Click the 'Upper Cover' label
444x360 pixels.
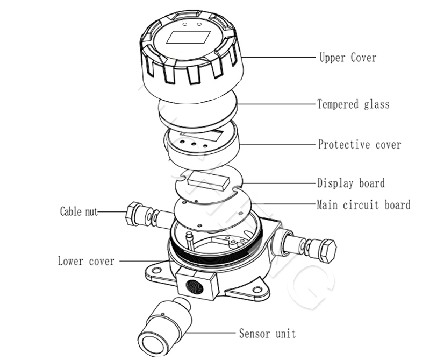[x=348, y=58]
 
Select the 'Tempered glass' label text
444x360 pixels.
[x=353, y=104]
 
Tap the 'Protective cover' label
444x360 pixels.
[x=359, y=145]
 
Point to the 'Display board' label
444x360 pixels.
[x=350, y=183]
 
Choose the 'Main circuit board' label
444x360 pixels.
[x=363, y=205]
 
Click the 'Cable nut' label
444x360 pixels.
[x=78, y=211]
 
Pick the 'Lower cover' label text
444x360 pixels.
[x=86, y=262]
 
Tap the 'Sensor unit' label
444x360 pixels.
[x=267, y=334]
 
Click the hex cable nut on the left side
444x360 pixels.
[x=133, y=214]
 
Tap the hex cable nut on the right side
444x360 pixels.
[x=327, y=250]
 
